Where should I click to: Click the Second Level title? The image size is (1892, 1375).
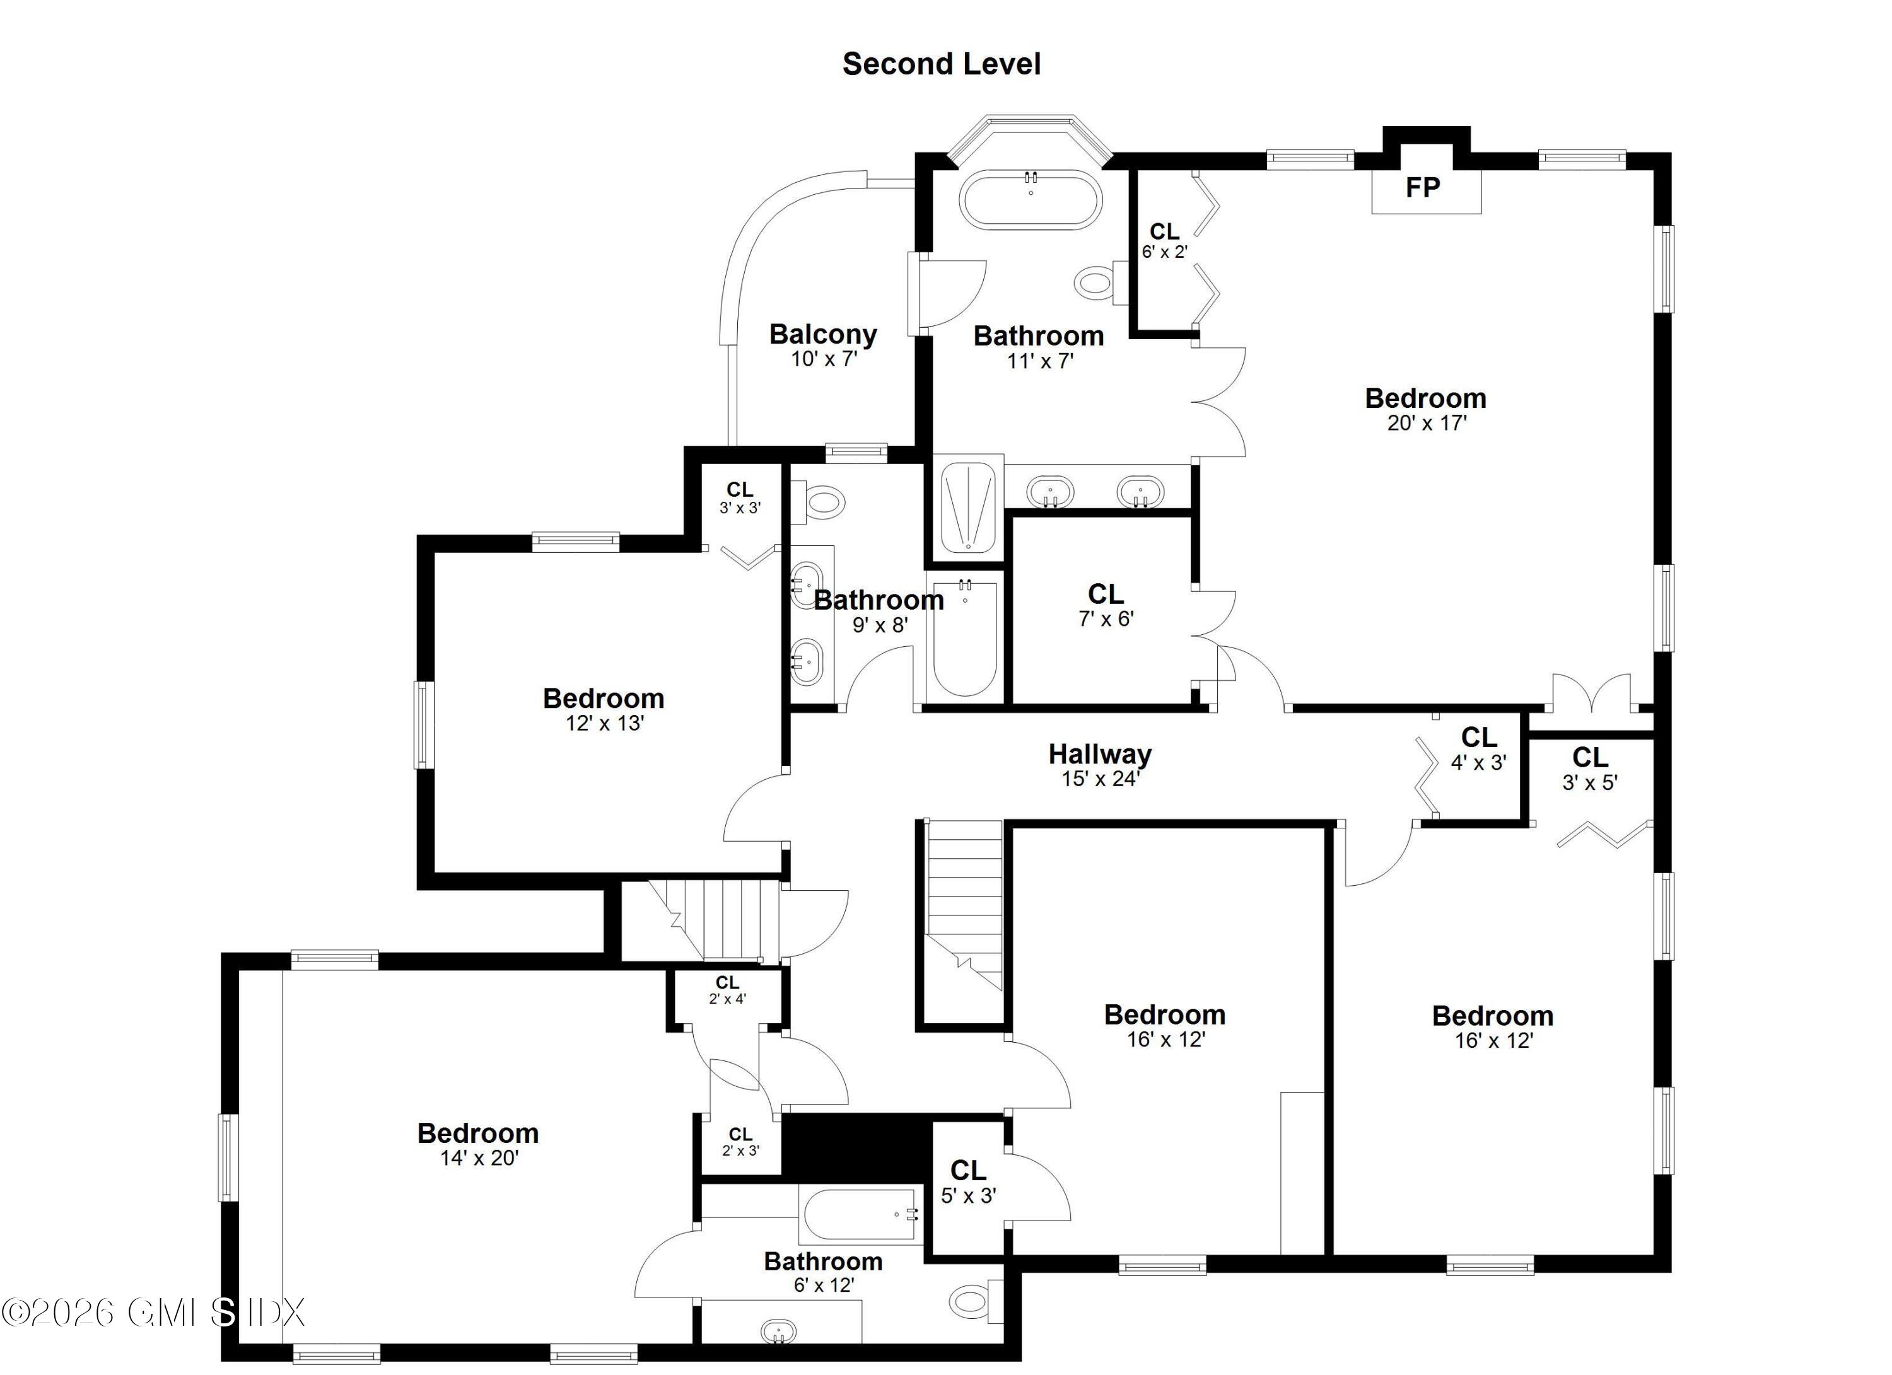[941, 64]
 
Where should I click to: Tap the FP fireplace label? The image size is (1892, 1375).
[1422, 188]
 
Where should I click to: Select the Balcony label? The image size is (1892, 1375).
[822, 334]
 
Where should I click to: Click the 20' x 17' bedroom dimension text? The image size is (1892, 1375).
[1427, 424]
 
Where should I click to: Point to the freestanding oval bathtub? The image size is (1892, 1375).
[1031, 200]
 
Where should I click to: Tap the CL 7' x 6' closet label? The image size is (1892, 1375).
[1106, 595]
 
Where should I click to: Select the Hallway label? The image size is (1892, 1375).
[1099, 754]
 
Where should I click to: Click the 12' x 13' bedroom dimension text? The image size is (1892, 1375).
[605, 723]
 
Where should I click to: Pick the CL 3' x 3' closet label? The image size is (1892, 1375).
[739, 490]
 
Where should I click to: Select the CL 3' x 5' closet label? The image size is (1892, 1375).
[1589, 757]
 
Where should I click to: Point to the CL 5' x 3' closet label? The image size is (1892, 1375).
[967, 1170]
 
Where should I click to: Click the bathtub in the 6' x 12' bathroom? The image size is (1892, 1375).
[859, 1215]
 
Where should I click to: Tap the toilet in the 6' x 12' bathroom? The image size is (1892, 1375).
[972, 1300]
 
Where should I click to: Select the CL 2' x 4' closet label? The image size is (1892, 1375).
[727, 983]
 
